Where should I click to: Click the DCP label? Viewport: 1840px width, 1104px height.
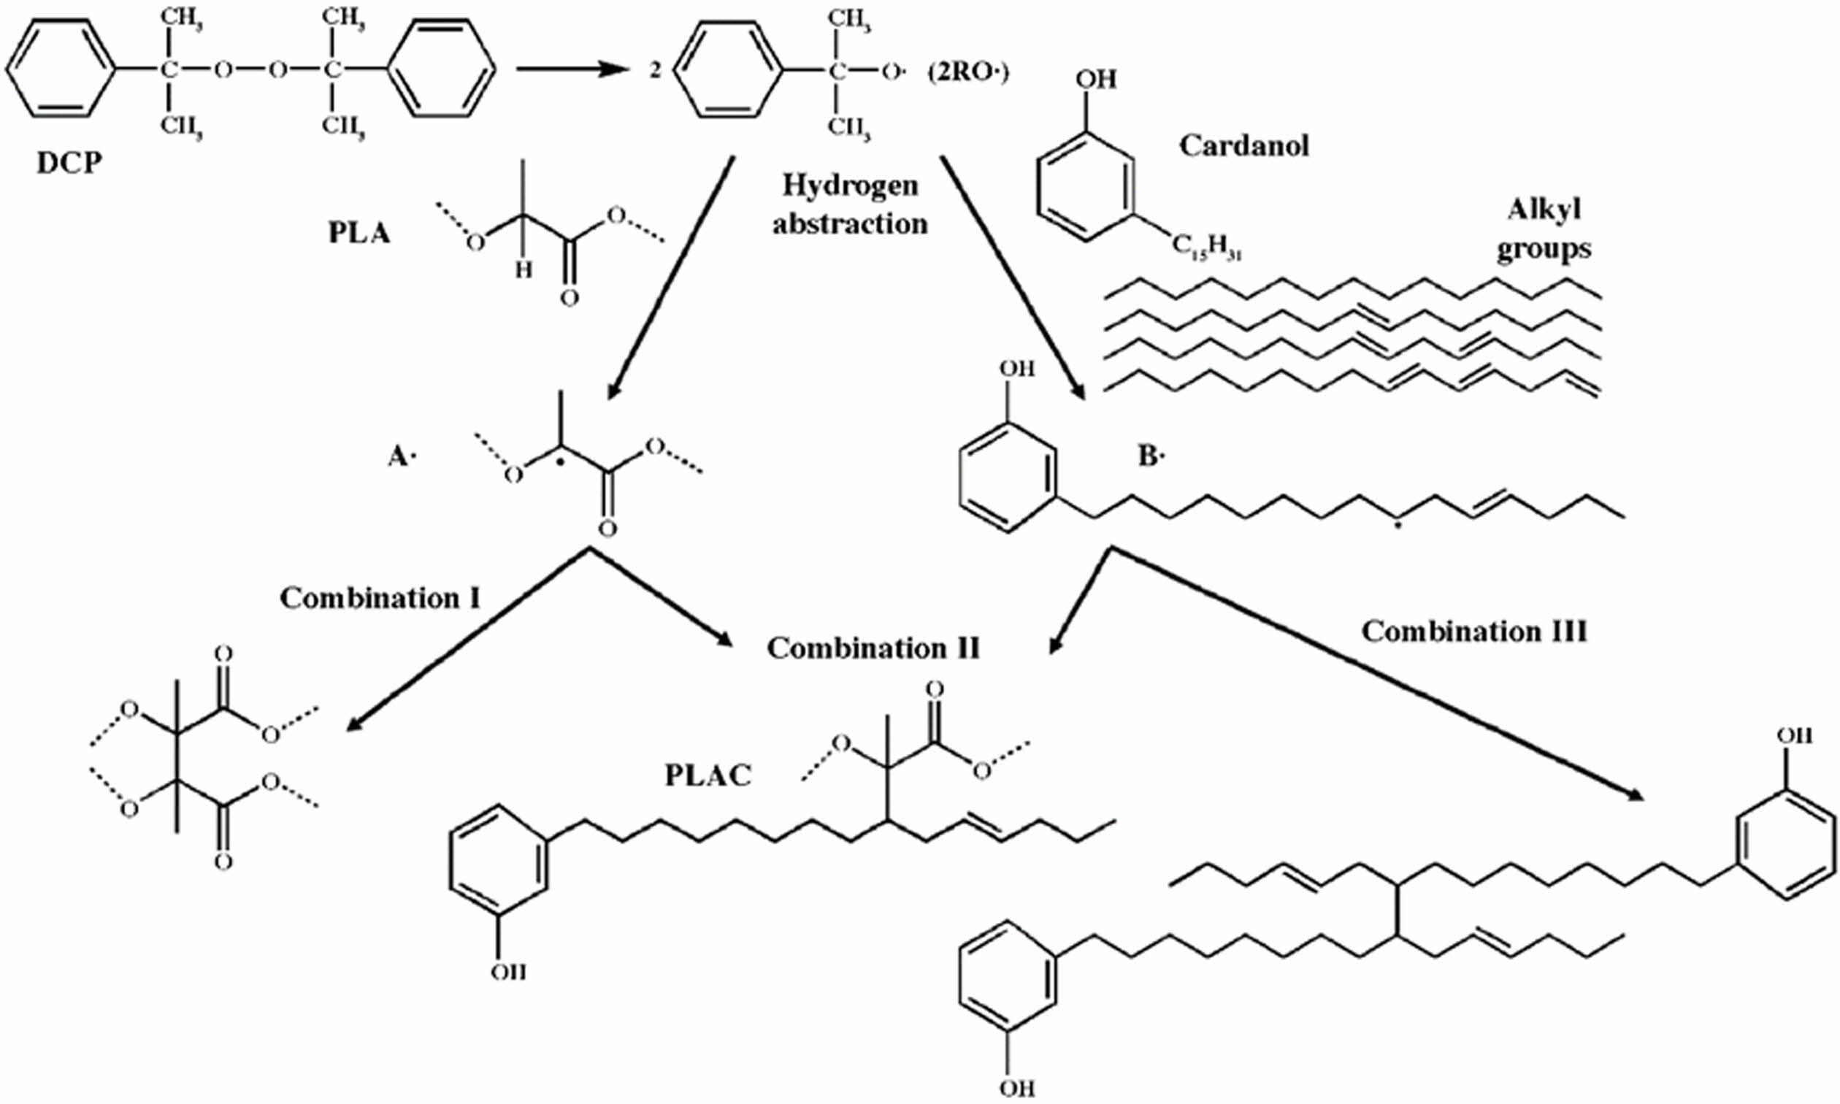click(69, 161)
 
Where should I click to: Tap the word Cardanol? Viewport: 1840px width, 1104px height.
click(1243, 145)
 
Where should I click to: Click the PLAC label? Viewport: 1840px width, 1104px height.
click(708, 775)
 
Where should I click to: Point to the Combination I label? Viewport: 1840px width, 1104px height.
click(380, 597)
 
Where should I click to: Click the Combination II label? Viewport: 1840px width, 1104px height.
click(873, 648)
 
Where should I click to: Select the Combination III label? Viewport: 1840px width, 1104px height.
click(1474, 632)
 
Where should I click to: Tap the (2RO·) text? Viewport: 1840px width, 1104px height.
click(968, 73)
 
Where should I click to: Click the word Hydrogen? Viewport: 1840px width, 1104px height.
click(850, 185)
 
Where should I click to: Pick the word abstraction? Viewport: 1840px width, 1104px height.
click(850, 223)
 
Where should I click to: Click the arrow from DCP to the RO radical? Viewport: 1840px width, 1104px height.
click(570, 70)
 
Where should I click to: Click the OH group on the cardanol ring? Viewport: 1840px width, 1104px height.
click(1095, 79)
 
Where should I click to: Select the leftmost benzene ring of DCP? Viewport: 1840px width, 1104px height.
click(61, 69)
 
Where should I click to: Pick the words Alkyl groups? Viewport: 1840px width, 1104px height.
click(1544, 229)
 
